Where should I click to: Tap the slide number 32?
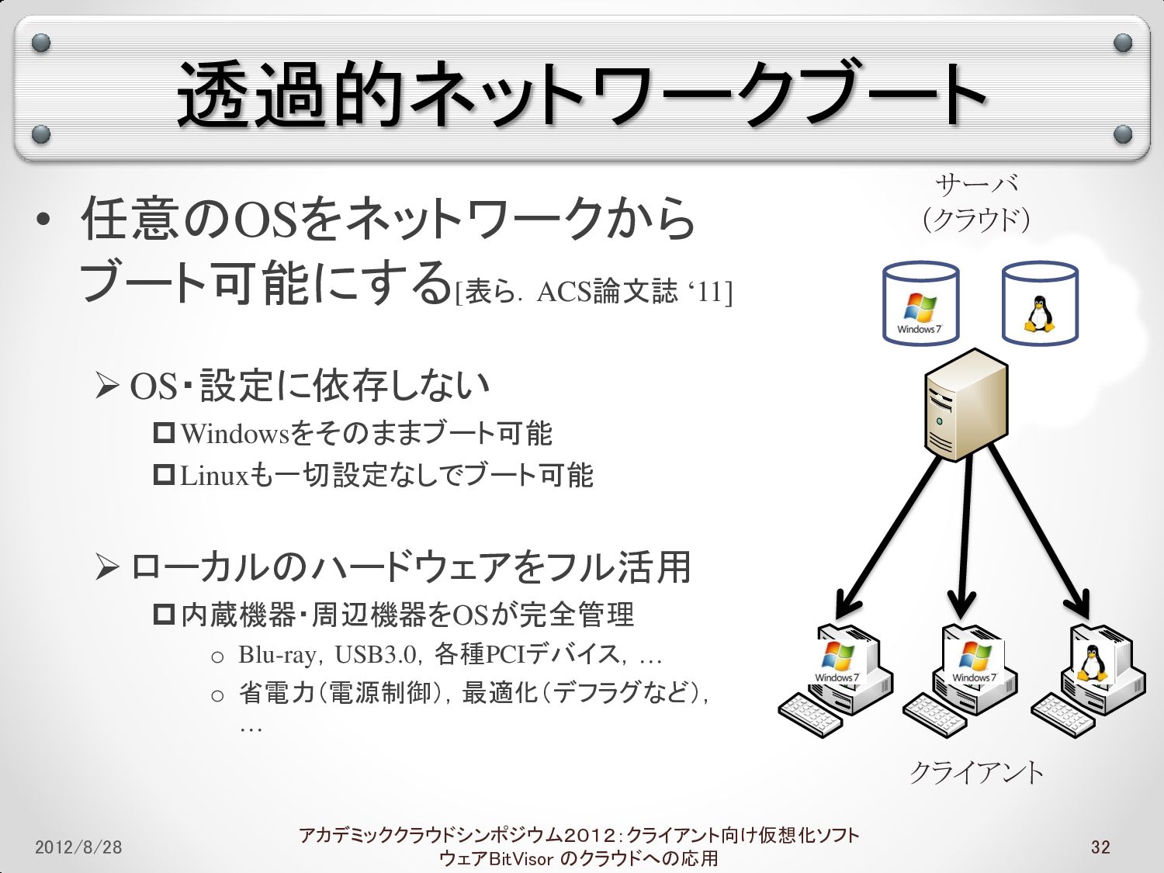(1100, 847)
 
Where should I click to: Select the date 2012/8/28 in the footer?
(78, 847)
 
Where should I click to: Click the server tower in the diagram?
(966, 404)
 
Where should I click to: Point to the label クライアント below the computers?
(976, 772)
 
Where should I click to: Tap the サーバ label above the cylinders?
(976, 185)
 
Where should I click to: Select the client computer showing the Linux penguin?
(1090, 679)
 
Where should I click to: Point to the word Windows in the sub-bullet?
(234, 434)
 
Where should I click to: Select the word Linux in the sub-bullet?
(213, 476)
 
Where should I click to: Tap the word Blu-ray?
(277, 655)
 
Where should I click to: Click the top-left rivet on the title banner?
(42, 43)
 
